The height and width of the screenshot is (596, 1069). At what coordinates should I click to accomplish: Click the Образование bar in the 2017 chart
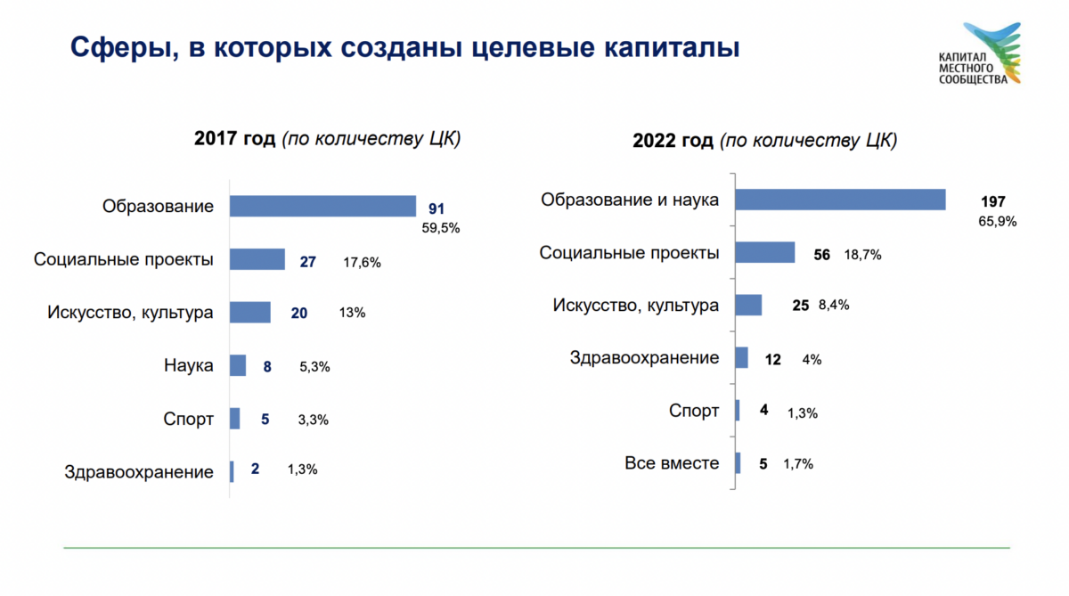tap(322, 206)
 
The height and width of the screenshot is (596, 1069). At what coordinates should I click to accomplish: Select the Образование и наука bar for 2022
tap(839, 200)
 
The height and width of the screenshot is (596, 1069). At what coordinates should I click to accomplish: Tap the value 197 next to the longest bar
tap(991, 201)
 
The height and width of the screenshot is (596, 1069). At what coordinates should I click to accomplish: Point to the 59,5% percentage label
tap(440, 228)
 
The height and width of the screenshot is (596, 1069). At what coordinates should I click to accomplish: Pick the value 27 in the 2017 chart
tap(308, 262)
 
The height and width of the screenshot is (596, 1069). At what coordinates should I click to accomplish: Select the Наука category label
tap(189, 365)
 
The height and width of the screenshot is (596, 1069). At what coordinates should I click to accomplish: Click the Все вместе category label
tap(672, 463)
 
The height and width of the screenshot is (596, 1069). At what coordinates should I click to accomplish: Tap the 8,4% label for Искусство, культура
tap(832, 305)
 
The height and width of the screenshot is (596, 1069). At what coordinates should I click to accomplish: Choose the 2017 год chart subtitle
tap(327, 139)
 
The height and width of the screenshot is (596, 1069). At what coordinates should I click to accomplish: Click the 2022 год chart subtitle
tap(764, 141)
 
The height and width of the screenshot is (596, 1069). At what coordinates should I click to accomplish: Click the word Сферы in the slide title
tap(115, 45)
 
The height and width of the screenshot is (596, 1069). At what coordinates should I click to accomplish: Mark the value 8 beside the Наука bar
tap(266, 365)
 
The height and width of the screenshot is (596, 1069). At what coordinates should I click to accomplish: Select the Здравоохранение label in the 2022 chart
tap(644, 358)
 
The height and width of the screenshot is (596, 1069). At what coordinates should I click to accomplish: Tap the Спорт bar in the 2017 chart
tap(234, 419)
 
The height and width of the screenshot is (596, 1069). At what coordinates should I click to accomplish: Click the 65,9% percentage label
tap(997, 222)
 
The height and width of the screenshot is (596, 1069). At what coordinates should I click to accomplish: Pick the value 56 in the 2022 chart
tap(821, 255)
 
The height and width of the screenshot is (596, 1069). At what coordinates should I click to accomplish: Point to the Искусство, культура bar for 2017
tap(249, 313)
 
